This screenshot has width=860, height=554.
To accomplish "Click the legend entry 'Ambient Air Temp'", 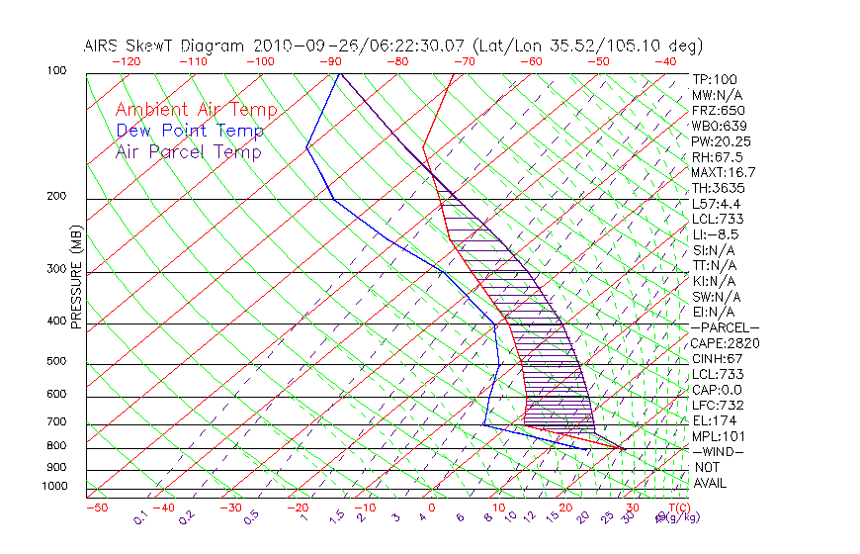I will [x=196, y=110].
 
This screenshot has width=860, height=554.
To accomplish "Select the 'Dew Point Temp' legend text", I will [x=190, y=131].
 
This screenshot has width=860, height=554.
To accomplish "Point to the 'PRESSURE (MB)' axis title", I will [x=76, y=277].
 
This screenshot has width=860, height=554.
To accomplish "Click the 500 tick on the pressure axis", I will [x=56, y=361].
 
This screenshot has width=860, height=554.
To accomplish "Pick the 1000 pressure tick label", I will [x=53, y=486].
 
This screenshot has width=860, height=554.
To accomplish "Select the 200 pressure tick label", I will [x=56, y=196].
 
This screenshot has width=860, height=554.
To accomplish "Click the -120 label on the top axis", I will [x=126, y=61].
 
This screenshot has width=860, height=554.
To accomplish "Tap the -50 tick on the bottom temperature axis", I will [x=96, y=508].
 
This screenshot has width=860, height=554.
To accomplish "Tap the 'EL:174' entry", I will [x=713, y=420].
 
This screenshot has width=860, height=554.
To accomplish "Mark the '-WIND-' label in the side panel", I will [x=718, y=452].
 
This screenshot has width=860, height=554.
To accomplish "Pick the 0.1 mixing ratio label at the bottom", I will [x=139, y=515].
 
